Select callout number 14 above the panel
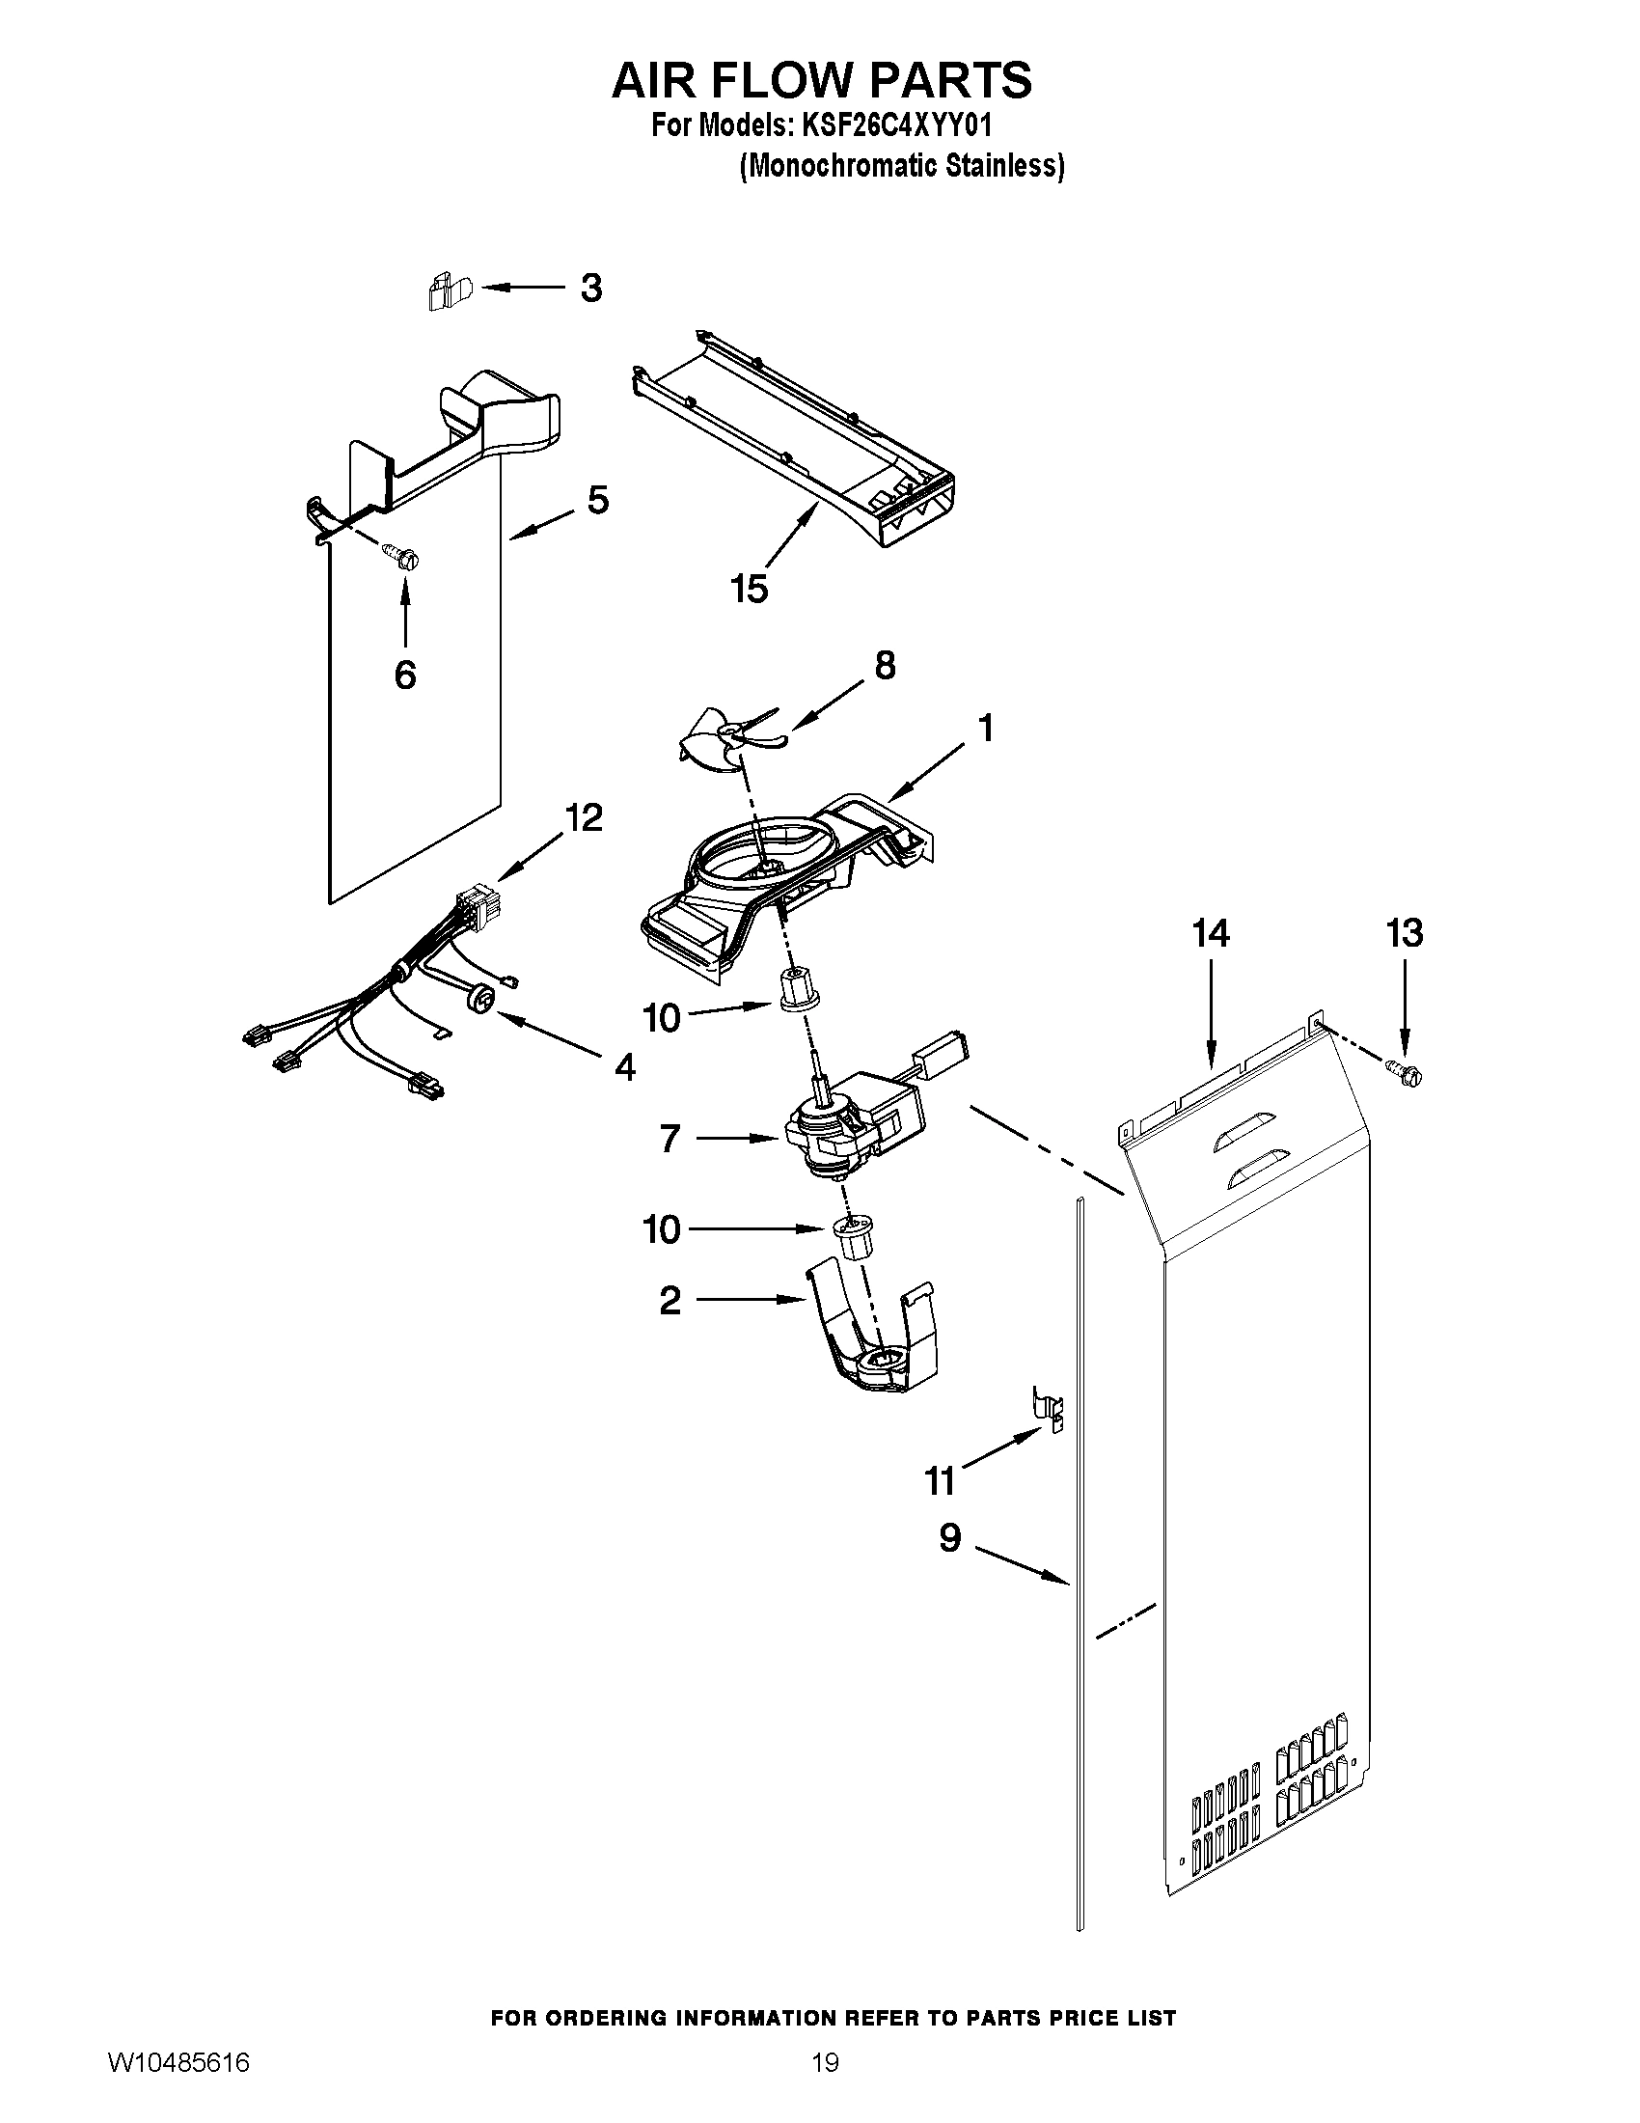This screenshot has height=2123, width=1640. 1211,933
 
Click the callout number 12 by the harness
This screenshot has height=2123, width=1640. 584,817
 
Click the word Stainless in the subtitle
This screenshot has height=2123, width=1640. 1007,166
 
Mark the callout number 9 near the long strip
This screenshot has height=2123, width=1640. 949,1537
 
